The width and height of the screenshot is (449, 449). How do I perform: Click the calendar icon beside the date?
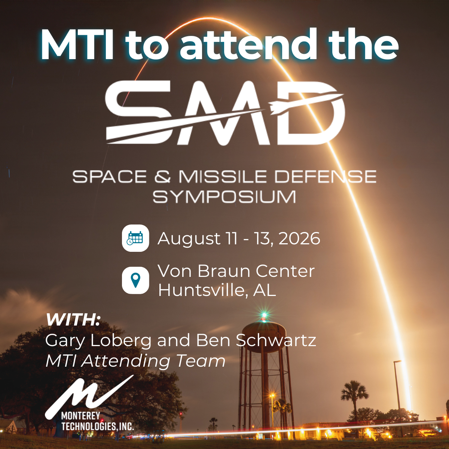(x=135, y=238)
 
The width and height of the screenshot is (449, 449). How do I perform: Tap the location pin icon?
(x=135, y=281)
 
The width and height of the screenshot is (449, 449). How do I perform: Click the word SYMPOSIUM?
(x=224, y=197)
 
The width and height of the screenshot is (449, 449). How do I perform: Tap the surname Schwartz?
(x=276, y=340)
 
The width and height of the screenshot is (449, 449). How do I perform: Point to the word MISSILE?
(x=223, y=177)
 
